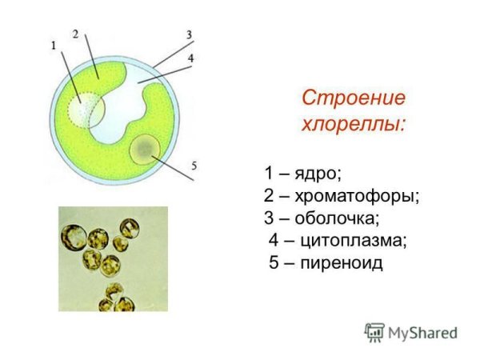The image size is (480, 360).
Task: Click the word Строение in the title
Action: [354, 98]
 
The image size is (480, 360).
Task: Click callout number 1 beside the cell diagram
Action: [54, 46]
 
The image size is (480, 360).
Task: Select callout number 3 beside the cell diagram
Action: [189, 34]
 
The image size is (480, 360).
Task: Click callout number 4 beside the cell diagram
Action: [190, 58]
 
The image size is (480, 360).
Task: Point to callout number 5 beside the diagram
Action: [194, 166]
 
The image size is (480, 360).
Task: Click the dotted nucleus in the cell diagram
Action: [84, 110]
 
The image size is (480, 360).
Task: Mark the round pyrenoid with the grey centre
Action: [146, 148]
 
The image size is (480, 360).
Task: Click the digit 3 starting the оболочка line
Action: [269, 218]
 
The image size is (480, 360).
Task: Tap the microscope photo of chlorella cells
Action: [113, 258]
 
